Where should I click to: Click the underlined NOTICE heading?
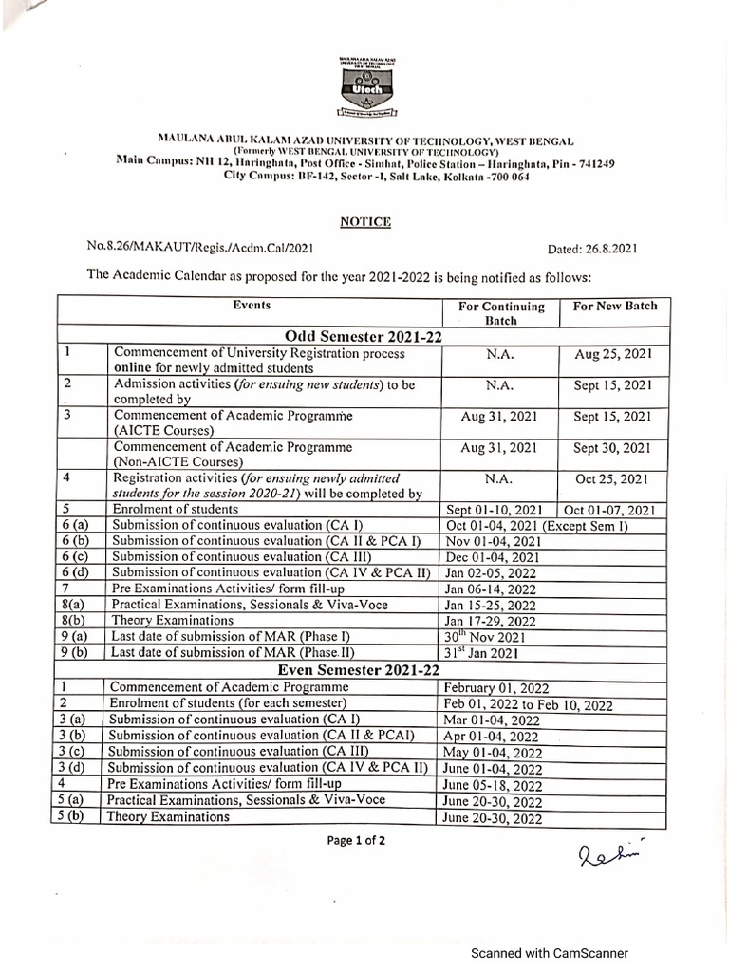pyautogui.click(x=365, y=221)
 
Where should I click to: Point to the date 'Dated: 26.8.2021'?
pyautogui.click(x=593, y=250)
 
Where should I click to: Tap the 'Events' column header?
pyautogui.click(x=252, y=306)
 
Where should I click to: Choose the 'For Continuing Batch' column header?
pyautogui.click(x=501, y=313)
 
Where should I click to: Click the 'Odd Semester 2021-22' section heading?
pyautogui.click(x=365, y=335)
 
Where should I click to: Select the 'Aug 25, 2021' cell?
pyautogui.click(x=613, y=354)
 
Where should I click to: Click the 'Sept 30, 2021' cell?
pyautogui.click(x=613, y=447)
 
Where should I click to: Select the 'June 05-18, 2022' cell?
pyautogui.click(x=492, y=785)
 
